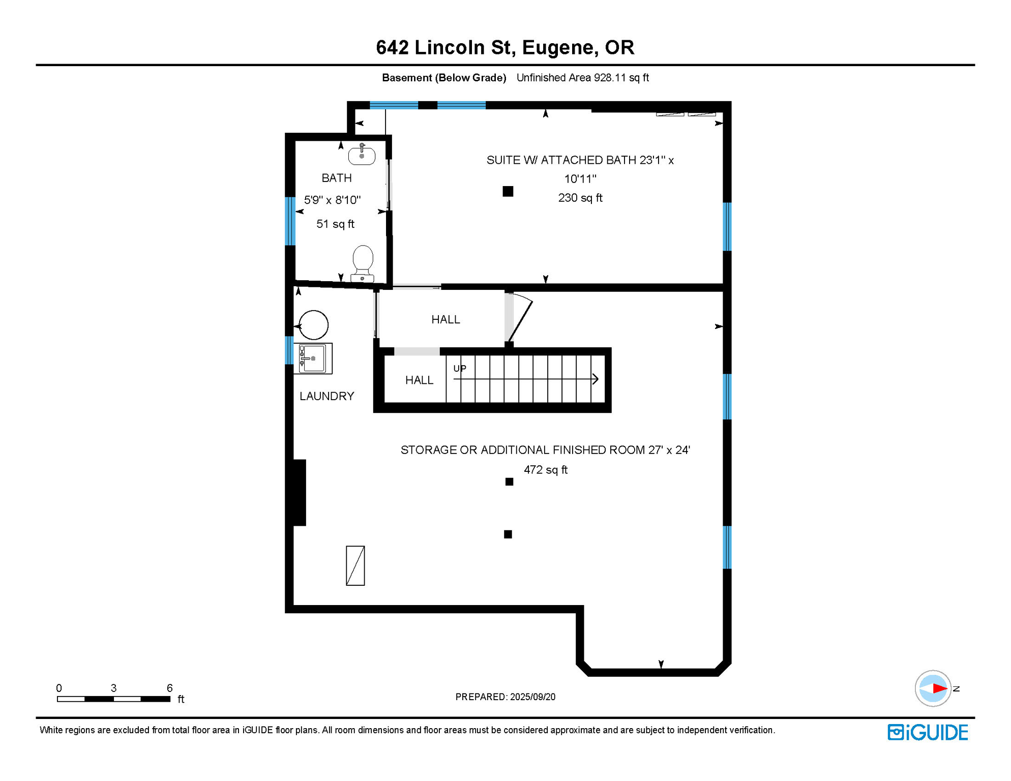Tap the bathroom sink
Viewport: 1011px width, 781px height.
click(x=362, y=155)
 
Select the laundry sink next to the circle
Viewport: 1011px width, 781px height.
click(x=313, y=358)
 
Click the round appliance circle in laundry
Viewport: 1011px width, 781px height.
click(x=313, y=325)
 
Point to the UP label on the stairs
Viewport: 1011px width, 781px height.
click(x=460, y=369)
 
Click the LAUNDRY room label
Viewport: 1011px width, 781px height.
click(x=326, y=396)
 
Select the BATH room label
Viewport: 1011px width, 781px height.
click(x=336, y=178)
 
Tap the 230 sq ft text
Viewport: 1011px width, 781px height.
click(x=580, y=198)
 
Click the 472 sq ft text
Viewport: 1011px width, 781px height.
click(x=545, y=470)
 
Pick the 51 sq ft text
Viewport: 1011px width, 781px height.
click(x=335, y=224)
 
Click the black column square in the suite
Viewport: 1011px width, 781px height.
click(x=508, y=191)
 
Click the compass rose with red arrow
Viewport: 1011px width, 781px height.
click(x=933, y=688)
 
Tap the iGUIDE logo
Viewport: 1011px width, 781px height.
click(x=928, y=732)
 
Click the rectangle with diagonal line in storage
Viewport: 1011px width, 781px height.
click(x=355, y=565)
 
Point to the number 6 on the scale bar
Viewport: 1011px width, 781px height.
click(x=169, y=688)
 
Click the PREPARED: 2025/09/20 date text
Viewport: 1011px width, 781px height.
click(x=505, y=697)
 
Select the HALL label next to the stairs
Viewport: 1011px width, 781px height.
click(x=419, y=380)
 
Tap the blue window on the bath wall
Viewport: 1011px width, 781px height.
click(x=290, y=221)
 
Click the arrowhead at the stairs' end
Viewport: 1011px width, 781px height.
click(x=595, y=379)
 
